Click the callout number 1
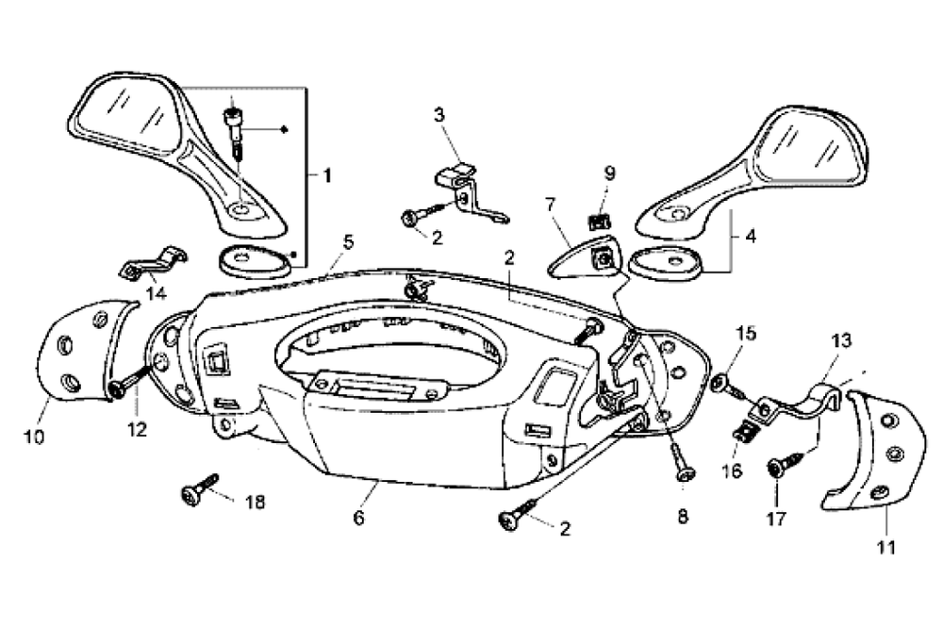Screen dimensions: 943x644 tap(327, 176)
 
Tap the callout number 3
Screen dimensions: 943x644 tap(439, 114)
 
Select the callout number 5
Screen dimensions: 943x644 tap(349, 242)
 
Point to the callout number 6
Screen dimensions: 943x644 tap(358, 518)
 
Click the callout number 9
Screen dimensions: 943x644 tap(609, 173)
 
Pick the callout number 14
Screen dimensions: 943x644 tap(157, 294)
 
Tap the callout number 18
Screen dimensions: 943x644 tap(256, 502)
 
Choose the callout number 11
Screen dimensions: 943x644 tap(886, 547)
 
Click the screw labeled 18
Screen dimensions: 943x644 tap(199, 489)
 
